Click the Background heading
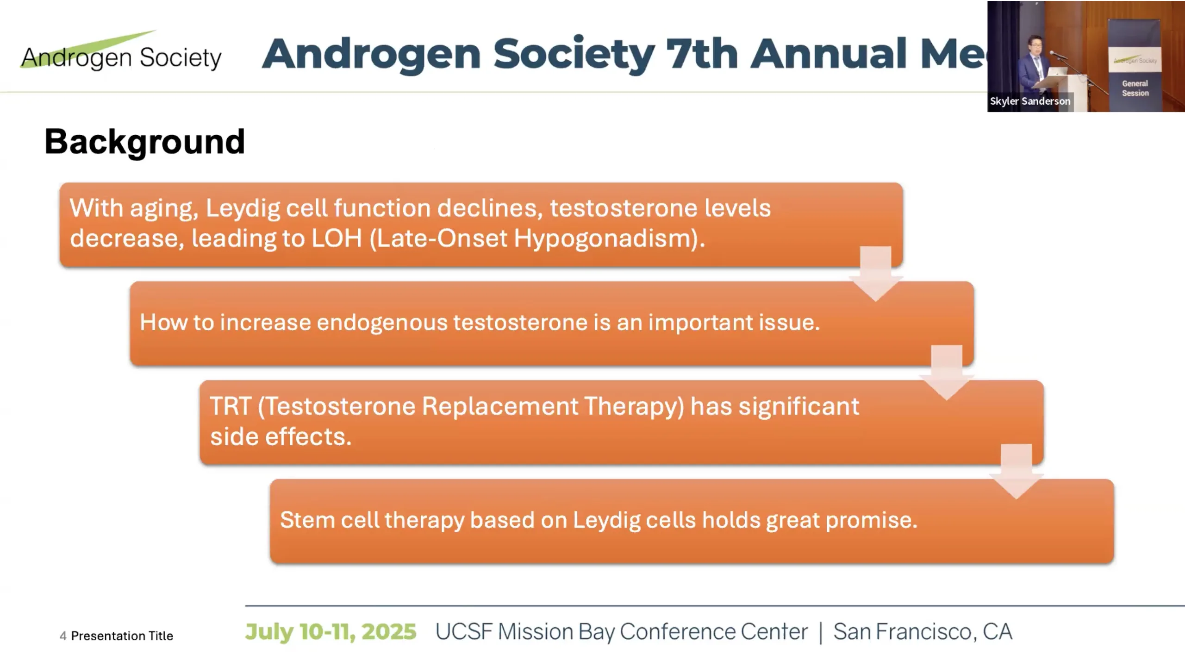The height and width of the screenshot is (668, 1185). tap(144, 142)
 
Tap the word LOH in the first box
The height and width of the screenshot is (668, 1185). tap(337, 238)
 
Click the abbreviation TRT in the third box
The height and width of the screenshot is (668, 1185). tap(231, 406)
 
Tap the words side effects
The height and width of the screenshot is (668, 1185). tap(281, 437)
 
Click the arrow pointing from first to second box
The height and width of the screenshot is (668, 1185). tap(876, 274)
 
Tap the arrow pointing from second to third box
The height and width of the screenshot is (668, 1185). tap(947, 372)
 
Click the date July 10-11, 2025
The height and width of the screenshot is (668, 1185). tap(331, 632)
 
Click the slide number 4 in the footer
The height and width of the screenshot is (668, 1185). tap(63, 636)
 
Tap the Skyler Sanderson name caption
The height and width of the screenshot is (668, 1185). tap(1030, 101)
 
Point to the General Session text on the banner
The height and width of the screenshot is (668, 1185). tap(1135, 88)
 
